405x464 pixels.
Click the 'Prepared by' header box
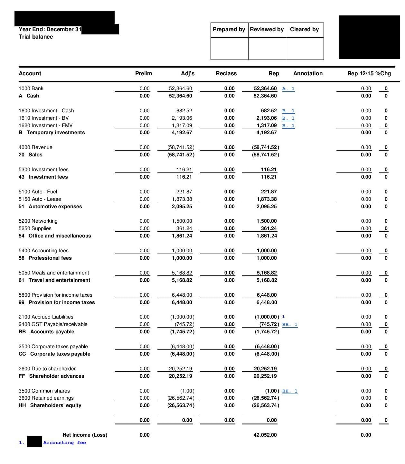point(229,30)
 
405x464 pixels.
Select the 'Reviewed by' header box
point(267,30)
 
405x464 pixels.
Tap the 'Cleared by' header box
point(304,30)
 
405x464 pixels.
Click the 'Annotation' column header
point(308,73)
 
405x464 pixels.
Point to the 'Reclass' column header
point(226,73)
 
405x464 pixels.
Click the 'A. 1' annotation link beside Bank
point(288,88)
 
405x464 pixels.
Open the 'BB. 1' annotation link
point(290,324)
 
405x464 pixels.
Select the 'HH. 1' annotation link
point(290,391)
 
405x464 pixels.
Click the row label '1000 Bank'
point(31,88)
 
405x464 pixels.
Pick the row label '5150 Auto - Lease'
point(40,199)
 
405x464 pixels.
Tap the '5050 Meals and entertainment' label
point(54,273)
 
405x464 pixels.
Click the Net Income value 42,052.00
point(265,435)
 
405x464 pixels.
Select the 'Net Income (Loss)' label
point(85,435)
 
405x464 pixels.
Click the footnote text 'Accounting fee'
point(65,443)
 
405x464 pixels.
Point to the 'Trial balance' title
point(36,37)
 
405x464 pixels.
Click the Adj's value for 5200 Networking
point(182,221)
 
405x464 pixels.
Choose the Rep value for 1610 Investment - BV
point(267,118)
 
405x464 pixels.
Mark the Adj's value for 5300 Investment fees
point(184,170)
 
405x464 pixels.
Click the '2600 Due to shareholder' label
point(47,369)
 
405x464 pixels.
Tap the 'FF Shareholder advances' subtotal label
point(52,376)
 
